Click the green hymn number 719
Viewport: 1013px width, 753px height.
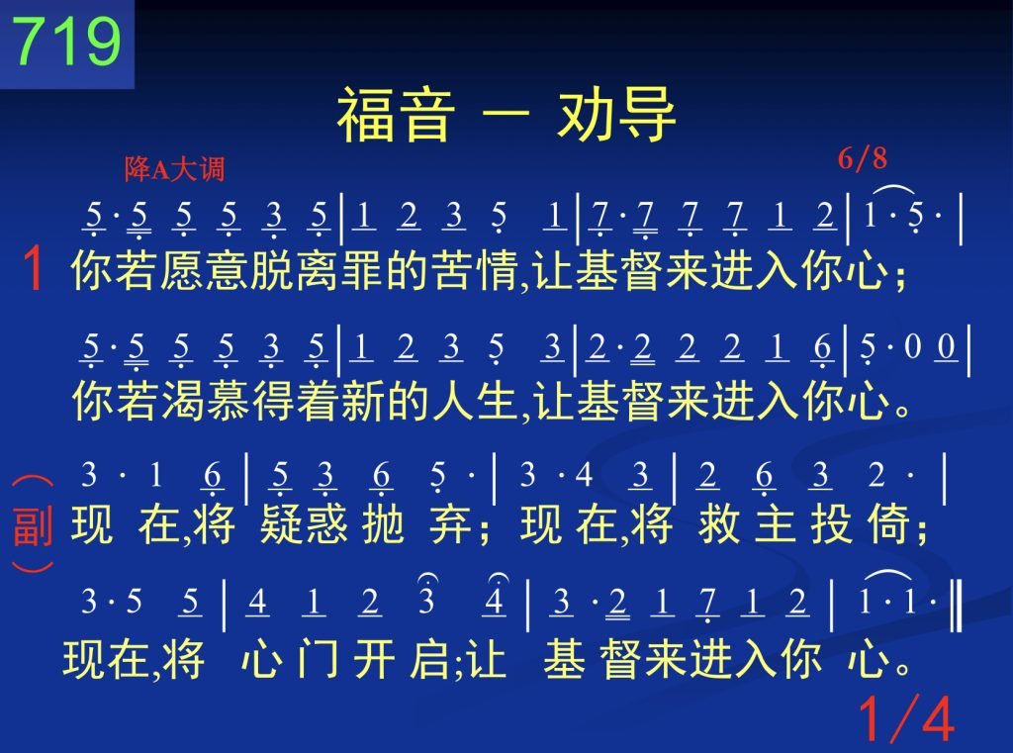point(66,40)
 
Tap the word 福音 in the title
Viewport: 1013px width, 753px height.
point(396,115)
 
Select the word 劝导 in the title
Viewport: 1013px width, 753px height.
point(616,115)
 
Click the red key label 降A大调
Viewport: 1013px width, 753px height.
point(174,169)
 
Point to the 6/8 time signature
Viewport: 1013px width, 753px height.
point(863,158)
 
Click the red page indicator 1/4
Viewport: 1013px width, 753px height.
point(906,718)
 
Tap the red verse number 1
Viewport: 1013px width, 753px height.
point(33,268)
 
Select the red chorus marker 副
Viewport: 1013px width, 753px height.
point(33,526)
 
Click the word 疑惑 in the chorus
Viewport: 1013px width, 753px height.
point(304,523)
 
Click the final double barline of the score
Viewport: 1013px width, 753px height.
point(957,605)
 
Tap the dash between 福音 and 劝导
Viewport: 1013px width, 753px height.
point(506,117)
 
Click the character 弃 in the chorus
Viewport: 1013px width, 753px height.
point(450,523)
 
